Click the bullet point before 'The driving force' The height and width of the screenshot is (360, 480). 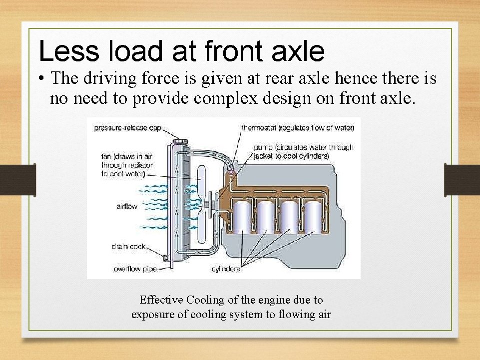pyautogui.click(x=42, y=79)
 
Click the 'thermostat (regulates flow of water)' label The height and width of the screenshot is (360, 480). pyautogui.click(x=298, y=128)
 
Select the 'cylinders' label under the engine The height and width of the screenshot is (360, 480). pyautogui.click(x=225, y=269)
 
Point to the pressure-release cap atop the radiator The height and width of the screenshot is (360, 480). pyautogui.click(x=179, y=141)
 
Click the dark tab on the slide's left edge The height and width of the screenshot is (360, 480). pyautogui.click(x=17, y=179)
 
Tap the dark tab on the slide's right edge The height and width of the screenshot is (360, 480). pyautogui.click(x=462, y=179)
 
